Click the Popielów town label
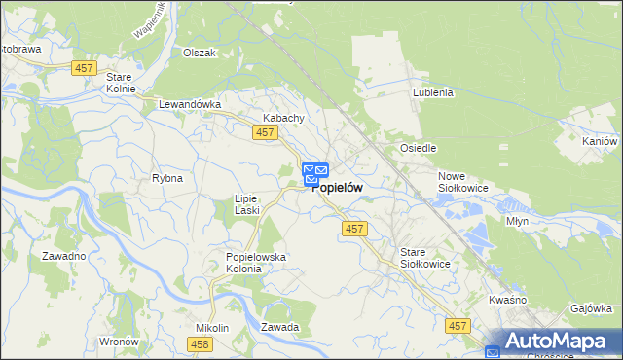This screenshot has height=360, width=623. click(x=340, y=189)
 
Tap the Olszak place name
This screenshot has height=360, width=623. click(x=199, y=54)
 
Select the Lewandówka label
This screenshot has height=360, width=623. click(x=192, y=103)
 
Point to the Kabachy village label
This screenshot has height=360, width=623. click(x=283, y=118)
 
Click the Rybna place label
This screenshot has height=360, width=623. click(x=166, y=178)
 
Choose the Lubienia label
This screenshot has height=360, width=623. click(x=433, y=93)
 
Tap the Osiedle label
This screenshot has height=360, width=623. click(x=418, y=148)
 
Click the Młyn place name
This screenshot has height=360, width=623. click(x=516, y=220)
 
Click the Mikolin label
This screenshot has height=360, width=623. click(x=212, y=328)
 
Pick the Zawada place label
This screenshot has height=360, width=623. click(x=278, y=327)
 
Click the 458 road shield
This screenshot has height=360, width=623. click(x=202, y=344)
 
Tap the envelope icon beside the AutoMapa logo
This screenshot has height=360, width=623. click(x=494, y=351)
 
